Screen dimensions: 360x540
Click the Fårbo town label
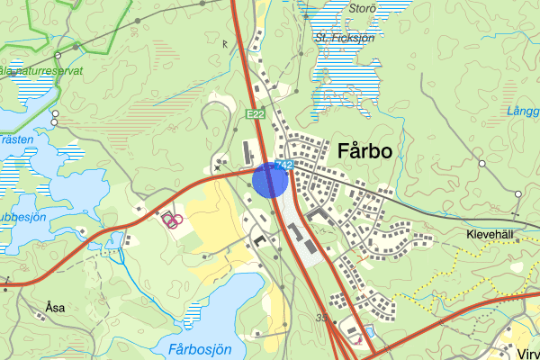(364, 151)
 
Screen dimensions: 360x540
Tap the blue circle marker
(270, 179)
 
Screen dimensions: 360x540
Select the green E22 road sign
(256, 113)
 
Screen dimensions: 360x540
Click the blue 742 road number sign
(285, 165)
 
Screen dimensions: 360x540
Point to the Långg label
(524, 112)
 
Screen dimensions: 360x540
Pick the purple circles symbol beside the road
(174, 219)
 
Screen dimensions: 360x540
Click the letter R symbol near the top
(224, 43)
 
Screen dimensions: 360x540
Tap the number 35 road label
(322, 318)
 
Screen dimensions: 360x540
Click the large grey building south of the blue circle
(295, 232)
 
